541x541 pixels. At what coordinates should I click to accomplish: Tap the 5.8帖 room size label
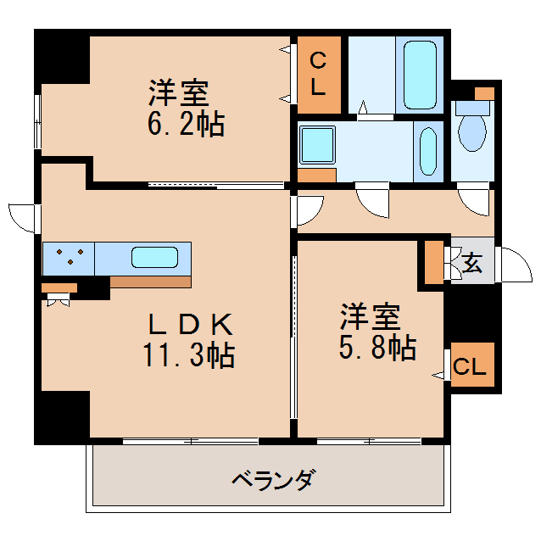click(x=378, y=347)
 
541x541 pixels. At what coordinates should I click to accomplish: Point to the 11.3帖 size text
click(x=188, y=355)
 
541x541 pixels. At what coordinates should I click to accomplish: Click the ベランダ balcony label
click(x=273, y=481)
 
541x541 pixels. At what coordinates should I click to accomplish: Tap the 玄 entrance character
click(x=472, y=263)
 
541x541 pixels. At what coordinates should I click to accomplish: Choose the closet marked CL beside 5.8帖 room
click(x=471, y=367)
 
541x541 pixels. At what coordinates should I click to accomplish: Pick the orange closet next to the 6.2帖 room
click(x=318, y=75)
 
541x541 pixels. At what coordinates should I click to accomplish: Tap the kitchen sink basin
click(x=154, y=258)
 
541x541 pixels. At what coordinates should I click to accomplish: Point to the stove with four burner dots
click(x=69, y=258)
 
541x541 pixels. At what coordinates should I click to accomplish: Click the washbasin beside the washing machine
click(x=429, y=149)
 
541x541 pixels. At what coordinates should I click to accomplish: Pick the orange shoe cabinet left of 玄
click(x=433, y=263)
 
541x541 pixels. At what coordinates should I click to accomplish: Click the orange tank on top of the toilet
click(x=483, y=92)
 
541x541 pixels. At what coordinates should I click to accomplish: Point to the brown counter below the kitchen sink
click(x=150, y=282)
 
